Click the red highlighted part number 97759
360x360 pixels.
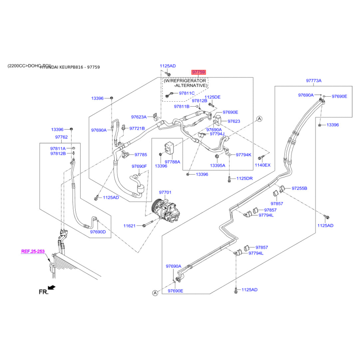(199, 72)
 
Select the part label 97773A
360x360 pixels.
(314, 81)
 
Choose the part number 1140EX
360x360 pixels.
(263, 165)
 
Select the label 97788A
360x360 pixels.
(172, 162)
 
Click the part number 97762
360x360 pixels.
(61, 137)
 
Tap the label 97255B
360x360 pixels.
(299, 188)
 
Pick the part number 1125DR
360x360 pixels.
(245, 179)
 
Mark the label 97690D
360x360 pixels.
(98, 232)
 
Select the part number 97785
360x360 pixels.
(141, 154)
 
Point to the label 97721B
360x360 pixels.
(137, 128)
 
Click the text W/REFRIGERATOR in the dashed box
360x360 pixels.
(185, 81)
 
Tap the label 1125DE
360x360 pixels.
(212, 97)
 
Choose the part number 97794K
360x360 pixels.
(243, 155)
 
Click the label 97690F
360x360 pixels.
(139, 166)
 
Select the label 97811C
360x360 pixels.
(187, 93)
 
